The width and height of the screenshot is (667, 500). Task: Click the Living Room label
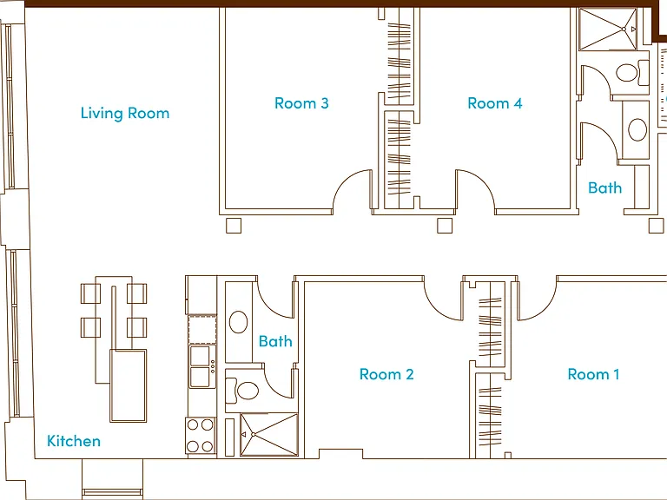(125, 113)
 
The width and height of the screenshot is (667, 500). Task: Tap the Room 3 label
(301, 103)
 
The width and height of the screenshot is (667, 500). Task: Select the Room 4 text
(495, 103)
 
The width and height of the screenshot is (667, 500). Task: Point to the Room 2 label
(386, 374)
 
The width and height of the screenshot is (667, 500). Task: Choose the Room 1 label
(593, 374)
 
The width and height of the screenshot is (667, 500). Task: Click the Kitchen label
(74, 441)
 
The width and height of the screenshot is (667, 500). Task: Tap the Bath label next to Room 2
(275, 341)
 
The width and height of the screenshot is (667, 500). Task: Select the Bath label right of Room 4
(604, 187)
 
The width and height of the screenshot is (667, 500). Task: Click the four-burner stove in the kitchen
(201, 436)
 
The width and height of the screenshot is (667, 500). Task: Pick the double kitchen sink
(202, 366)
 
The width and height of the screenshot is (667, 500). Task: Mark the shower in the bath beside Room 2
(269, 435)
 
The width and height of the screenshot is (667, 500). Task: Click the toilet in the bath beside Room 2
(242, 391)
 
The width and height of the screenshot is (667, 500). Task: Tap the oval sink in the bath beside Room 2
(238, 322)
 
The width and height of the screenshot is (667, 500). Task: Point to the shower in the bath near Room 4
(608, 29)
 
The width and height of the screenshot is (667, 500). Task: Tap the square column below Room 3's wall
(234, 226)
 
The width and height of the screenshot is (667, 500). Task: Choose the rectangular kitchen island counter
(128, 385)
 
